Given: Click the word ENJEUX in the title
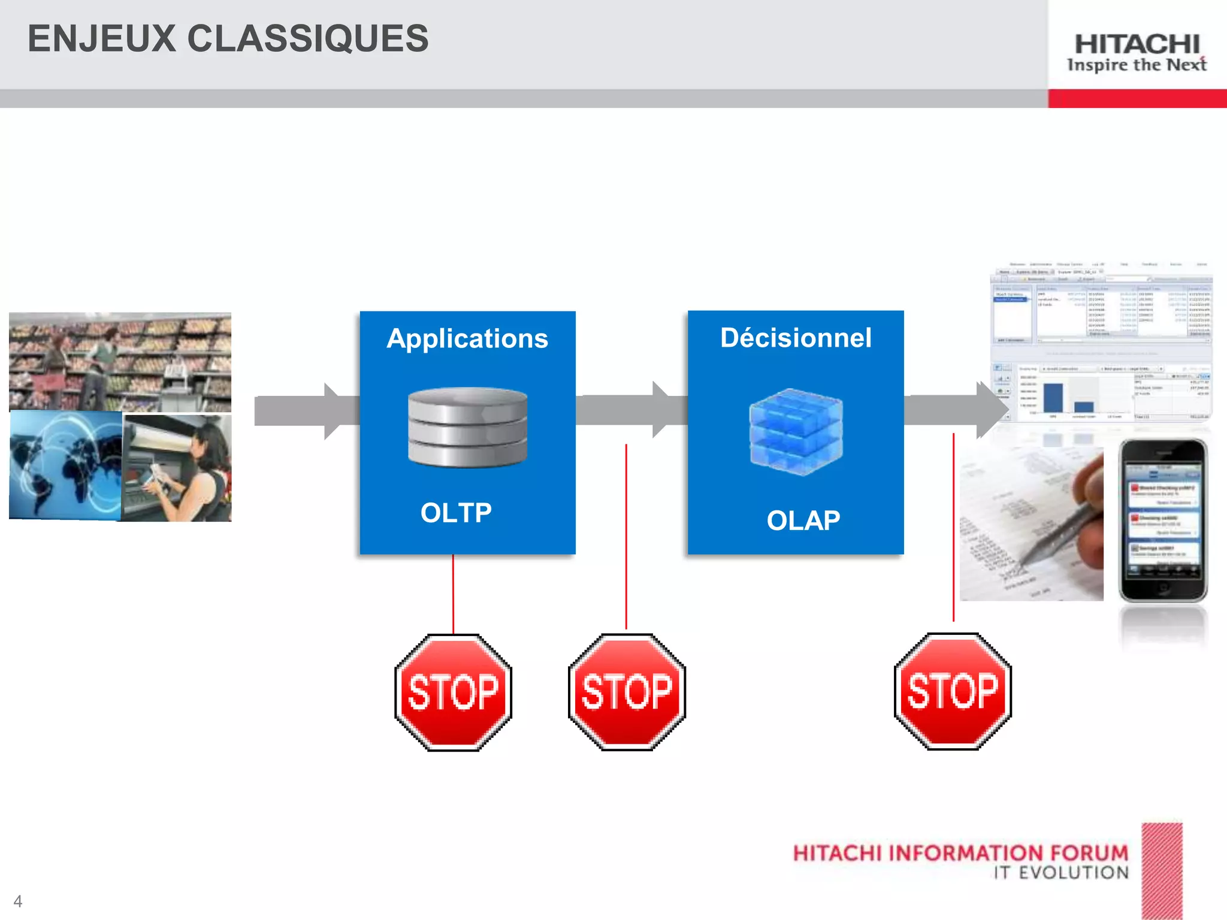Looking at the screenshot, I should click(x=102, y=39).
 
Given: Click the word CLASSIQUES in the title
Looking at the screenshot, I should click(x=308, y=39).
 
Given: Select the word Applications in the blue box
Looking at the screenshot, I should click(x=467, y=339).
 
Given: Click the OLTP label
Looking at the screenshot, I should click(x=456, y=513).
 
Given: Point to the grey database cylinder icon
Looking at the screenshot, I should click(x=467, y=427).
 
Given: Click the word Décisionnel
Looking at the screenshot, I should click(x=796, y=338).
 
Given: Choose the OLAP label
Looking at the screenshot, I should click(x=803, y=520).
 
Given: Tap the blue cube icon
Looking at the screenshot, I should click(x=796, y=431).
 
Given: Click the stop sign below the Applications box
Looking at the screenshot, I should click(x=454, y=692).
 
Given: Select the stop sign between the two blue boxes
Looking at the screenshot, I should click(x=627, y=692).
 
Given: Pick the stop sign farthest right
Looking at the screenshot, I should click(x=953, y=691).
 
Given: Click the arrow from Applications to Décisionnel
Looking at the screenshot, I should click(x=629, y=410).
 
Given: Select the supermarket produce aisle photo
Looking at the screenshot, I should click(x=120, y=361).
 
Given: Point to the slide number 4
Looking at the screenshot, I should click(x=18, y=901).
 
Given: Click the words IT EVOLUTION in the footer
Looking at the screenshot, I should click(x=1060, y=873).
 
